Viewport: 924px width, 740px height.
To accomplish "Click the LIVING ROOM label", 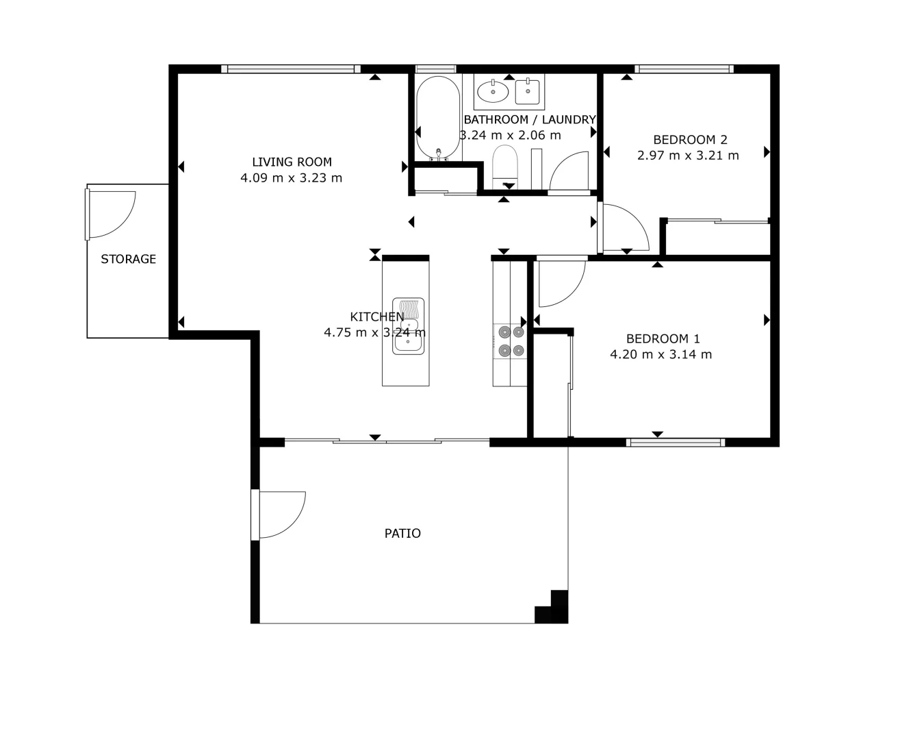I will click(292, 162).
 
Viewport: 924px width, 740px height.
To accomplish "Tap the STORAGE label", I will click(128, 259).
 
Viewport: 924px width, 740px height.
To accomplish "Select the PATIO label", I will click(402, 533).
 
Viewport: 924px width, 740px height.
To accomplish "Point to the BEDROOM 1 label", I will click(663, 338).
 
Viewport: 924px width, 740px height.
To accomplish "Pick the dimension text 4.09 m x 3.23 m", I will click(292, 178).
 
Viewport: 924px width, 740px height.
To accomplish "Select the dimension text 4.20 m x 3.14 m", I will click(661, 354).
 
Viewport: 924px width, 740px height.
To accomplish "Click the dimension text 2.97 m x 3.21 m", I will click(688, 156).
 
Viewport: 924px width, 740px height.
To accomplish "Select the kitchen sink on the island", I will click(409, 326).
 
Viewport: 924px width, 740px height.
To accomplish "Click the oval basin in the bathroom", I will click(493, 90).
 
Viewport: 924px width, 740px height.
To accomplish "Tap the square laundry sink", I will click(528, 90).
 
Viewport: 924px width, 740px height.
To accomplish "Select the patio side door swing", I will click(281, 514).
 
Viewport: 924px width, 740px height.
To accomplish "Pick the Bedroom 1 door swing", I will click(559, 282).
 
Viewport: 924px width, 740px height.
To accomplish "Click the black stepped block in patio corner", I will click(554, 609).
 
